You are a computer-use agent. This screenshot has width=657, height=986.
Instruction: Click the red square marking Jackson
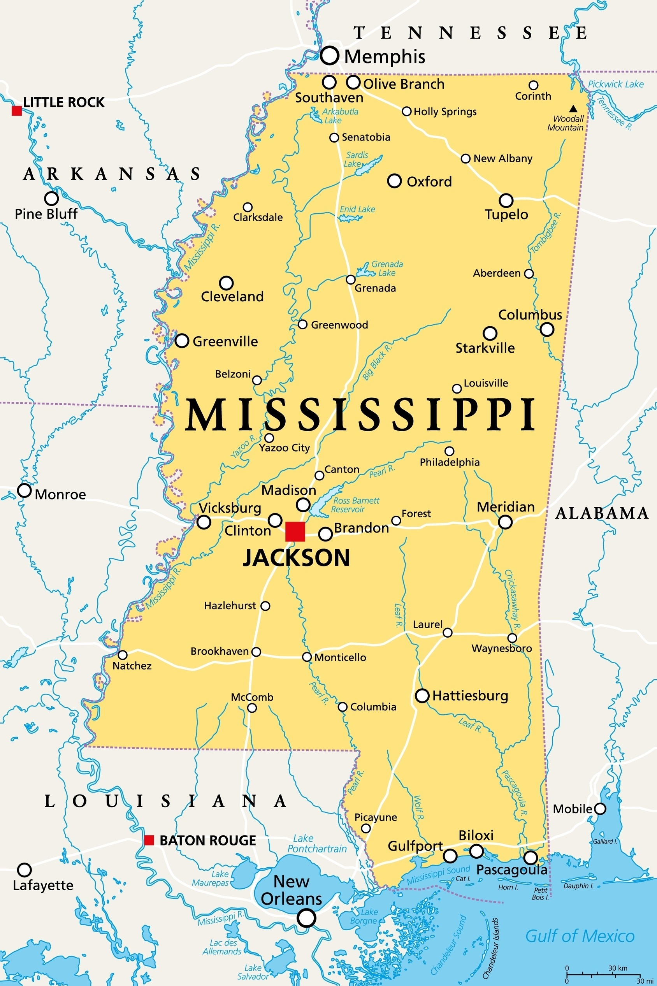pos(295,532)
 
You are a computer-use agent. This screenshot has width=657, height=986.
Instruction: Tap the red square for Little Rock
pos(17,111)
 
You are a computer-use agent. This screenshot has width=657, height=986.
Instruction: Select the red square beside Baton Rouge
pos(149,840)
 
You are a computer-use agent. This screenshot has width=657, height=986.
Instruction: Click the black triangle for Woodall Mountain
pos(573,109)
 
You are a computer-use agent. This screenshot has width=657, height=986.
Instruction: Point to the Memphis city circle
pos(329,55)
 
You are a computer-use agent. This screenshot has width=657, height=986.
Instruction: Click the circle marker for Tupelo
pos(506,200)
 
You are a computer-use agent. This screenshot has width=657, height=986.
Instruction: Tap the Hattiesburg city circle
pos(422,696)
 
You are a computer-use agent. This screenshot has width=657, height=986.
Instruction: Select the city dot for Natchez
pos(123,654)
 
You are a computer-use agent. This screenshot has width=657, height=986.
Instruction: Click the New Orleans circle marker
pos(306,918)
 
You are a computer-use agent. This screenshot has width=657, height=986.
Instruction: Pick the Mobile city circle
pos(600,808)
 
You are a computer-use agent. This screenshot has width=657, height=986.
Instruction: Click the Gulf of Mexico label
pos(580,936)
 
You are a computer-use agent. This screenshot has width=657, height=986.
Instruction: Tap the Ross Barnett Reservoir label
pos(356,505)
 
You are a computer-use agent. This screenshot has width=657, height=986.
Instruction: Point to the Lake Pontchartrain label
pos(317,844)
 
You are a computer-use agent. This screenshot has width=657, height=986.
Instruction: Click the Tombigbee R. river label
pos(546,232)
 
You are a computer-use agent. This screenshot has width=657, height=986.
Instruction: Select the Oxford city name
pos(429,181)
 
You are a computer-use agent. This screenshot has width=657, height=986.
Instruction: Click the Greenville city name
pos(225,341)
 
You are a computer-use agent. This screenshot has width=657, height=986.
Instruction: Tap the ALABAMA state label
pos(602,513)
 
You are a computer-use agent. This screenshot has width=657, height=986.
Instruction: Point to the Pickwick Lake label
pos(615,84)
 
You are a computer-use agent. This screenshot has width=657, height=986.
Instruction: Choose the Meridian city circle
pos(505,522)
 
